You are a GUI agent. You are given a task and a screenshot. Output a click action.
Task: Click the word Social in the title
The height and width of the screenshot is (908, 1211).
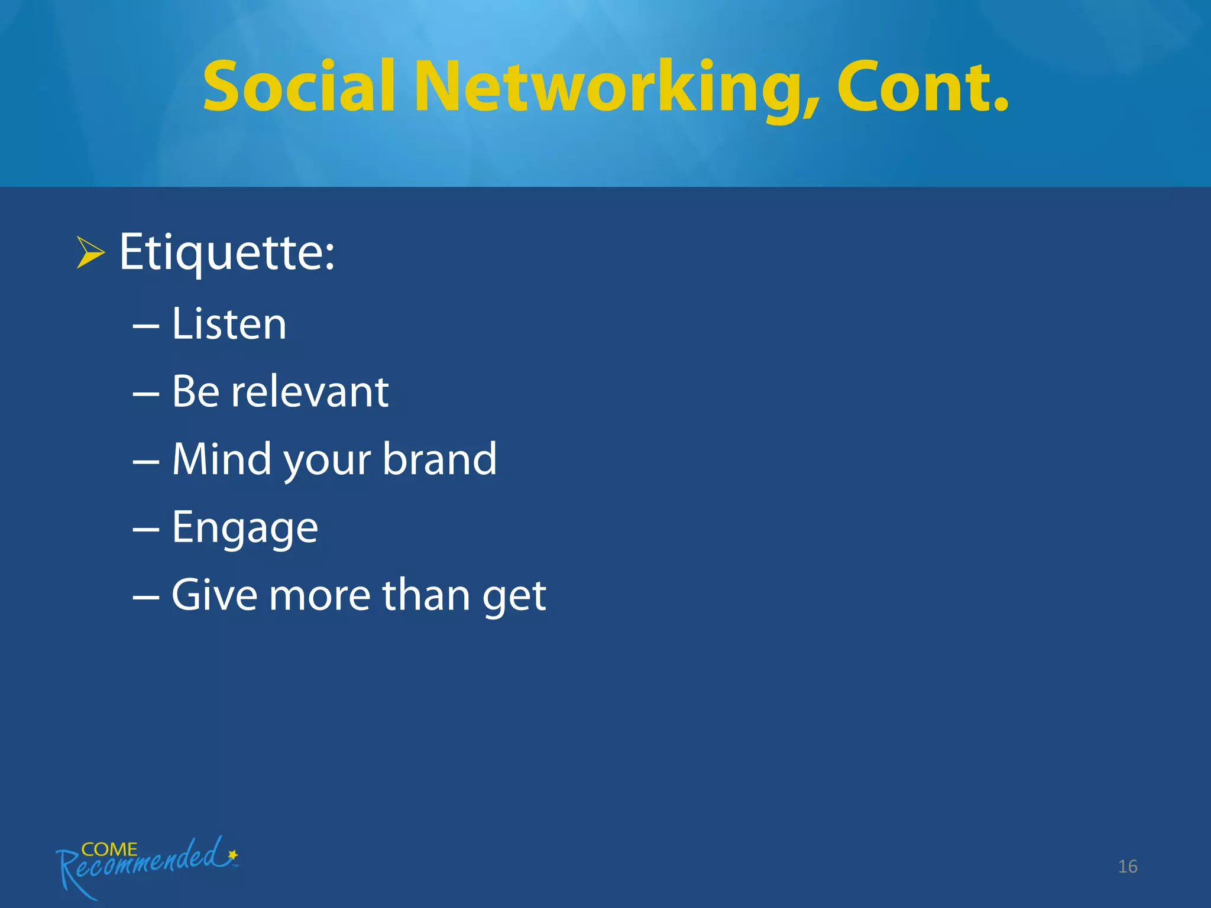[299, 87]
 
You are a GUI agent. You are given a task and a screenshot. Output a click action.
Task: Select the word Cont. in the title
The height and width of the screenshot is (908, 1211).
[922, 87]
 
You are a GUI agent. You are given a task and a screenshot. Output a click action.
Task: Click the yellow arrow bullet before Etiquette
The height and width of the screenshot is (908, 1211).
[90, 252]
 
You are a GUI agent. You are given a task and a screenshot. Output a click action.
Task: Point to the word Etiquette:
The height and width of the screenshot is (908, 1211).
[227, 253]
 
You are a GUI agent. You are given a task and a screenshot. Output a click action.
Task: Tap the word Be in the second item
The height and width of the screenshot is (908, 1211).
[196, 391]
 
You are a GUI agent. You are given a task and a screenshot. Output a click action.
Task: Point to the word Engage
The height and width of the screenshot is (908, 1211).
[245, 527]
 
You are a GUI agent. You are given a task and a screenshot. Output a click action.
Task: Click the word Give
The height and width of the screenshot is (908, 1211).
[215, 595]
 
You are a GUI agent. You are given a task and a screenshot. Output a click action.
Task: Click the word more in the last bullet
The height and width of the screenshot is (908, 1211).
[319, 596]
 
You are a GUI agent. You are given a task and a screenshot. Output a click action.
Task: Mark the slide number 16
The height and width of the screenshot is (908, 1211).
[1128, 867]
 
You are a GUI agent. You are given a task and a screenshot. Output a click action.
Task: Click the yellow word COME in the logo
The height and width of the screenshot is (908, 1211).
[109, 849]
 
